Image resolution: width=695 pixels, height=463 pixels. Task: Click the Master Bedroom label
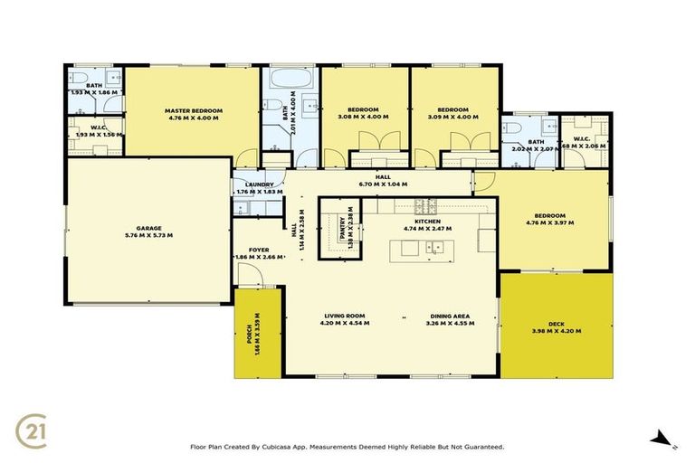pyautogui.click(x=193, y=110)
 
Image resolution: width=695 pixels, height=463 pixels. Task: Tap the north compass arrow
pyautogui.click(x=662, y=440)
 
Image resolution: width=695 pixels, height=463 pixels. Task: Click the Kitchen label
pyautogui.click(x=427, y=221)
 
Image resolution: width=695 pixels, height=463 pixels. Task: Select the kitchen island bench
pyautogui.click(x=421, y=250)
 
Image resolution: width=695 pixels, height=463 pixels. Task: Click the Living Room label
pyautogui.click(x=346, y=316)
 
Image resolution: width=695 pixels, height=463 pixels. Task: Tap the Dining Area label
pyautogui.click(x=450, y=316)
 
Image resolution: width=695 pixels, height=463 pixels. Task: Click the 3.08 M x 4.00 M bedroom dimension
pyautogui.click(x=363, y=117)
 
